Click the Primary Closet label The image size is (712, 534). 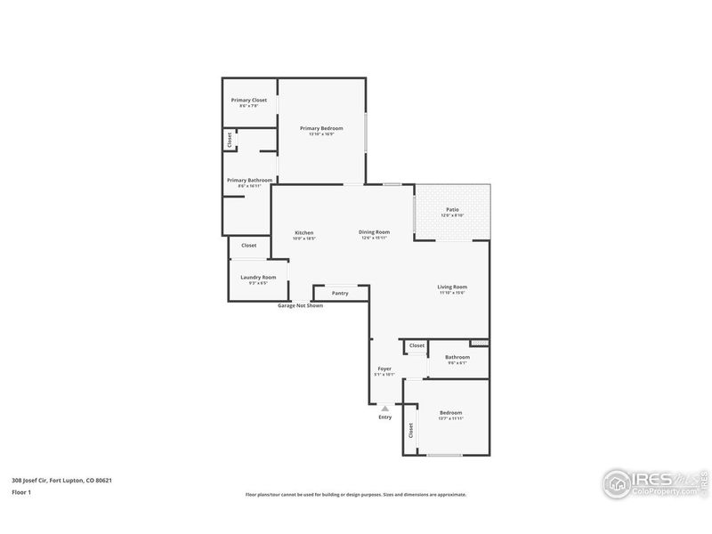coord(248,100)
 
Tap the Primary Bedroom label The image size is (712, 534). coord(321,128)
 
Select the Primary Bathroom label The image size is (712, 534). coord(249,180)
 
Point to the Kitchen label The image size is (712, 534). coord(304,232)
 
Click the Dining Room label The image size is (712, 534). coord(374,232)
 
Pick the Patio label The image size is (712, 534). coord(452,209)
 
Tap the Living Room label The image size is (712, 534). coord(452,287)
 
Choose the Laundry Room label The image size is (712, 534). coord(258,277)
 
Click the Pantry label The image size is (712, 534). coord(340,293)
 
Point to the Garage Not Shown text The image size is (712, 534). coord(300,305)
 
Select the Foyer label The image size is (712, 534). coord(384,368)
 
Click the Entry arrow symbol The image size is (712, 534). coord(384,408)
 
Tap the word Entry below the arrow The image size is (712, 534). coord(384,417)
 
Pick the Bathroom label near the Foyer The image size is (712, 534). coord(457,357)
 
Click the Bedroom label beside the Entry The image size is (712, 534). coord(450,412)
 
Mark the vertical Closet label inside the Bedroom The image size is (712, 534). coord(410,431)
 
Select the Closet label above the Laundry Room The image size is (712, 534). coord(249,245)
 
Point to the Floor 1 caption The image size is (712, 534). coord(21,491)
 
